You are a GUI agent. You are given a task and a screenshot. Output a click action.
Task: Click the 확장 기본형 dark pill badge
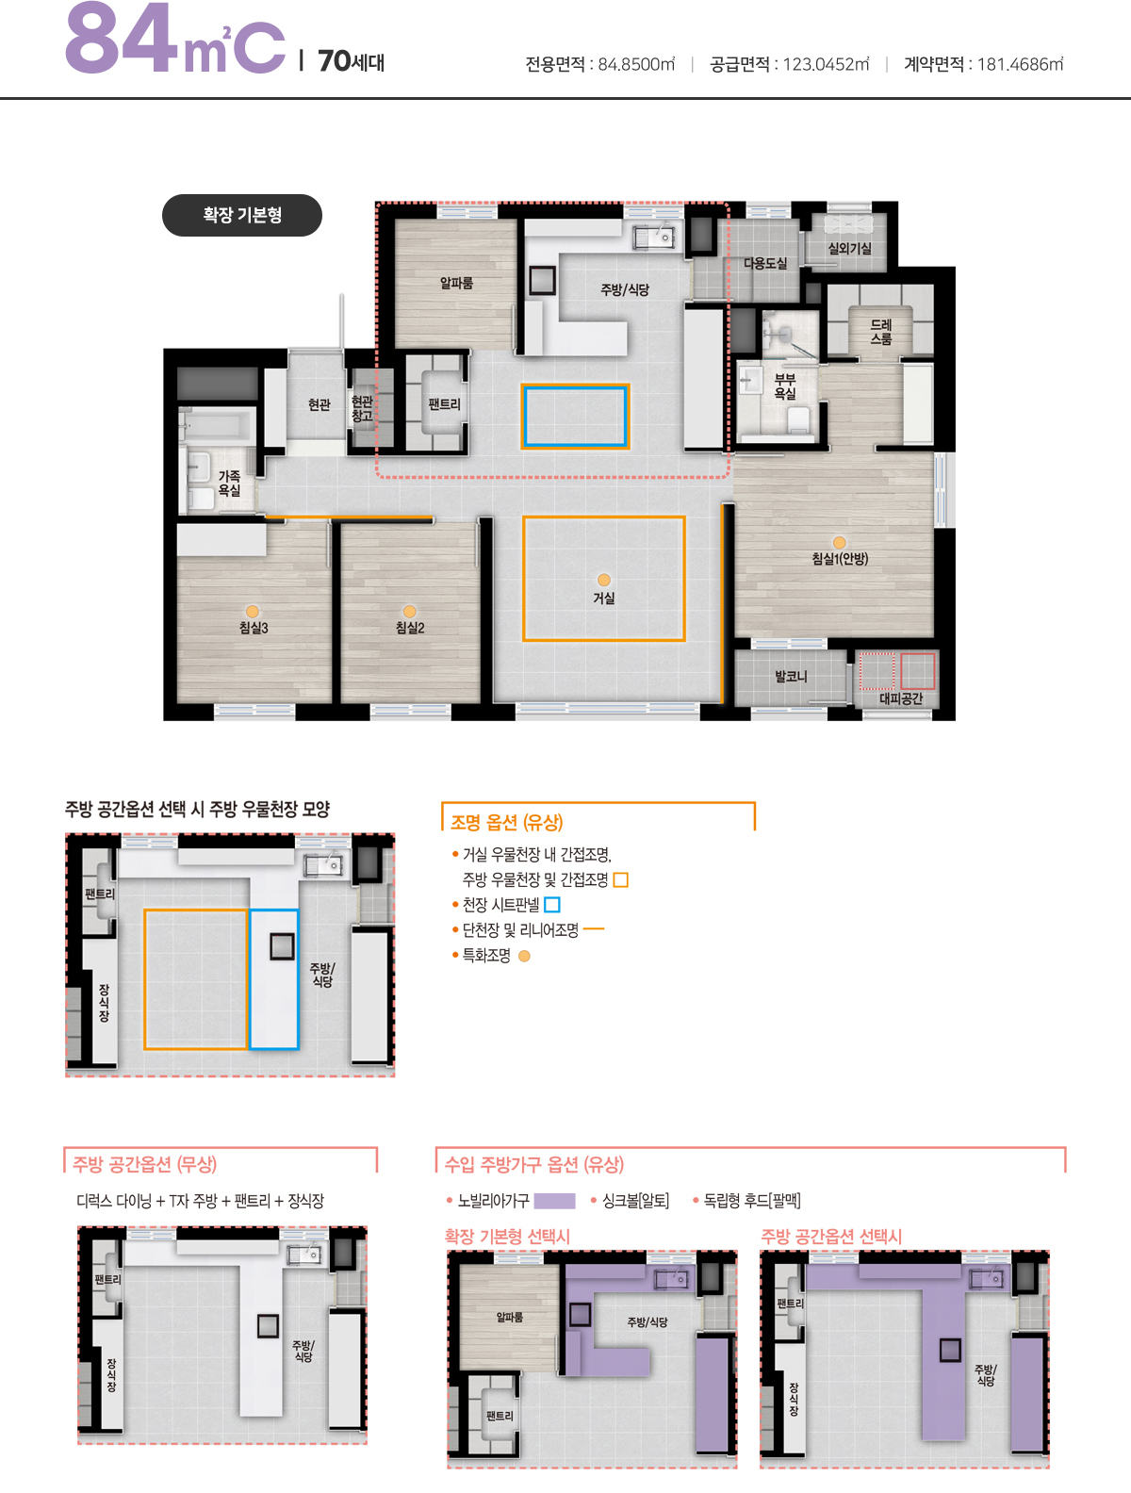tap(242, 215)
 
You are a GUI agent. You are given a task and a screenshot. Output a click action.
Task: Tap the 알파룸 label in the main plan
tap(456, 283)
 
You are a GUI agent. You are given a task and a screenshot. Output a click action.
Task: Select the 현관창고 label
tap(363, 409)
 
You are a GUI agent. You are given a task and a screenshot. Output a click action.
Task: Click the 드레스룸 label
tap(880, 332)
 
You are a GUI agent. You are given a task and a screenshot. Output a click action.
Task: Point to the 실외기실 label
tap(849, 248)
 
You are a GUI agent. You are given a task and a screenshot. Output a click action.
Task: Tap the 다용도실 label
tap(765, 263)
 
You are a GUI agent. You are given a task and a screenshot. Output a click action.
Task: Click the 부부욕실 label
tap(785, 386)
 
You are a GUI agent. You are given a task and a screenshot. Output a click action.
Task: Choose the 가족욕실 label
tap(229, 483)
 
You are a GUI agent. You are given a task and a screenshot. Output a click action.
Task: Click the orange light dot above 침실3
tap(253, 612)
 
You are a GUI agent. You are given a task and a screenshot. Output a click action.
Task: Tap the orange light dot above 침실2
tap(409, 612)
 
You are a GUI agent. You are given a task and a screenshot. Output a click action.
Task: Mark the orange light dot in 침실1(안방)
tap(840, 542)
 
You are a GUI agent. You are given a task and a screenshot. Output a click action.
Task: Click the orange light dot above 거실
tap(604, 580)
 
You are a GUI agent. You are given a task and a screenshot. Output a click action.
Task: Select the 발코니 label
tap(791, 677)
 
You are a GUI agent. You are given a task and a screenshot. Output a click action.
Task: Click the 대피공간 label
tap(901, 698)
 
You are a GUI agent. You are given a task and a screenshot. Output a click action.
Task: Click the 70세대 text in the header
tap(351, 61)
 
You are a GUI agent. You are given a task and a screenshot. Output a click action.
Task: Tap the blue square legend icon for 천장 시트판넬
tap(552, 905)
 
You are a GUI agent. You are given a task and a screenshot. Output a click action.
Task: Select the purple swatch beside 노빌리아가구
tap(554, 1201)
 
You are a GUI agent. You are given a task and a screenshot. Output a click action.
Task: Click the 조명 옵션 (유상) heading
tap(507, 822)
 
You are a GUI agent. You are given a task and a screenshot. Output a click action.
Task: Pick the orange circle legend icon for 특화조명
tap(524, 957)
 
